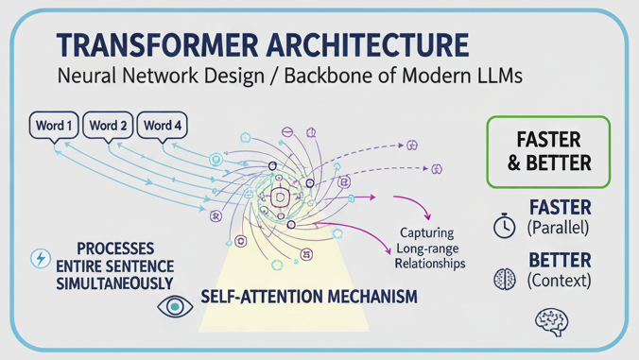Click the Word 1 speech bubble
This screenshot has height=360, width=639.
[x=55, y=126]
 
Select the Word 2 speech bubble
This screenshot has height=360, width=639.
[x=109, y=126]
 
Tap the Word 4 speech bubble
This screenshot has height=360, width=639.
[x=163, y=126]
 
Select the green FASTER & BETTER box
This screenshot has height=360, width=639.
[x=549, y=151]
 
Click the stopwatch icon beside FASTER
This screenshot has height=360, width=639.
[x=505, y=228]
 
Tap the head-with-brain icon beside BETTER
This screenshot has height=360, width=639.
[x=505, y=280]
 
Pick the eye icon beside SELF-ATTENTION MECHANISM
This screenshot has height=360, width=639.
[x=174, y=304]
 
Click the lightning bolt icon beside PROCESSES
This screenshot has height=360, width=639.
[x=41, y=259]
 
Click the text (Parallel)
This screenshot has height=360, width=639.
[x=561, y=229]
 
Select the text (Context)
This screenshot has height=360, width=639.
[x=561, y=281]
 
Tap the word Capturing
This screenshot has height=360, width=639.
[x=425, y=232]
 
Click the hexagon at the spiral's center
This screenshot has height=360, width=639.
[x=280, y=197]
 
